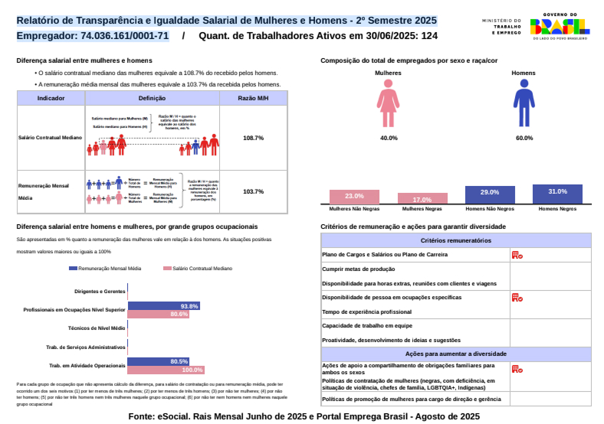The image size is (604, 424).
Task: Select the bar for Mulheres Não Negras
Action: point(354,197)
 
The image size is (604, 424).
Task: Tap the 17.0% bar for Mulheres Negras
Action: point(422,199)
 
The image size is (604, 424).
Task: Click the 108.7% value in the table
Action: point(253,138)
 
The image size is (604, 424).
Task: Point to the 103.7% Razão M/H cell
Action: point(253,191)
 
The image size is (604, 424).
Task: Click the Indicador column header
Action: point(51,98)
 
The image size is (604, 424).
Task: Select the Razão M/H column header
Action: point(253,98)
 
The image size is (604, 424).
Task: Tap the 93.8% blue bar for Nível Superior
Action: point(164,306)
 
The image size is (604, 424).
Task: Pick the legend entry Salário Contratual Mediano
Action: point(198,269)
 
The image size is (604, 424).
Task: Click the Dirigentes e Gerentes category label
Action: point(100,292)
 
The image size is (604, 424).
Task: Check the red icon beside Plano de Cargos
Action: point(517,255)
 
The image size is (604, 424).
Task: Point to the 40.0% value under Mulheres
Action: point(389,138)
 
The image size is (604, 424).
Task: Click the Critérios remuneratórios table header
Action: point(456,240)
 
